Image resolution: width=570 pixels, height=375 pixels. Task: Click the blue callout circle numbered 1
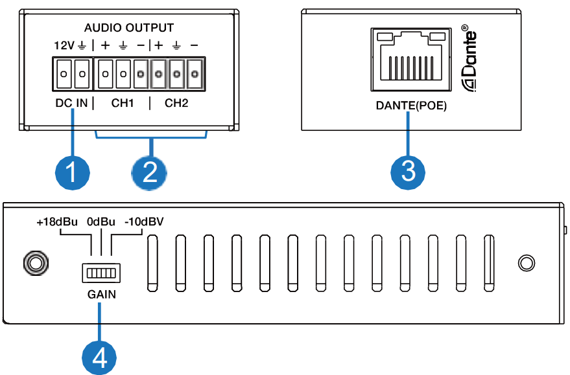(x=71, y=171)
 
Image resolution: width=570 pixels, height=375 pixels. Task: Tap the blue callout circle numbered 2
(x=149, y=171)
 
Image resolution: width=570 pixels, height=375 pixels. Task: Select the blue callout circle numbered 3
(x=408, y=171)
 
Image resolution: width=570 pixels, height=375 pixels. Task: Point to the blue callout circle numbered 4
(x=99, y=357)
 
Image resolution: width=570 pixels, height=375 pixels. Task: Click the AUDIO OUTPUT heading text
(x=130, y=28)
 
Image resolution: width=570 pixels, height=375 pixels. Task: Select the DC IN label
(x=71, y=103)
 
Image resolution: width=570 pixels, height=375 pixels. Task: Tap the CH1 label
(x=123, y=103)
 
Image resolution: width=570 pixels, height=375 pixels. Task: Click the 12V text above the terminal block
(x=64, y=46)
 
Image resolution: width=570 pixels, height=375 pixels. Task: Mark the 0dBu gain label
(x=101, y=222)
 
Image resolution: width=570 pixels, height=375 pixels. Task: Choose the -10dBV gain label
(x=143, y=222)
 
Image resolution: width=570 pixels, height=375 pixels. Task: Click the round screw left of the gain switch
(x=34, y=262)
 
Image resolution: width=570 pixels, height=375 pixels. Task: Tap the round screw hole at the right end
(x=527, y=262)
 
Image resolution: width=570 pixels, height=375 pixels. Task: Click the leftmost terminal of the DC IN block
(x=63, y=74)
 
